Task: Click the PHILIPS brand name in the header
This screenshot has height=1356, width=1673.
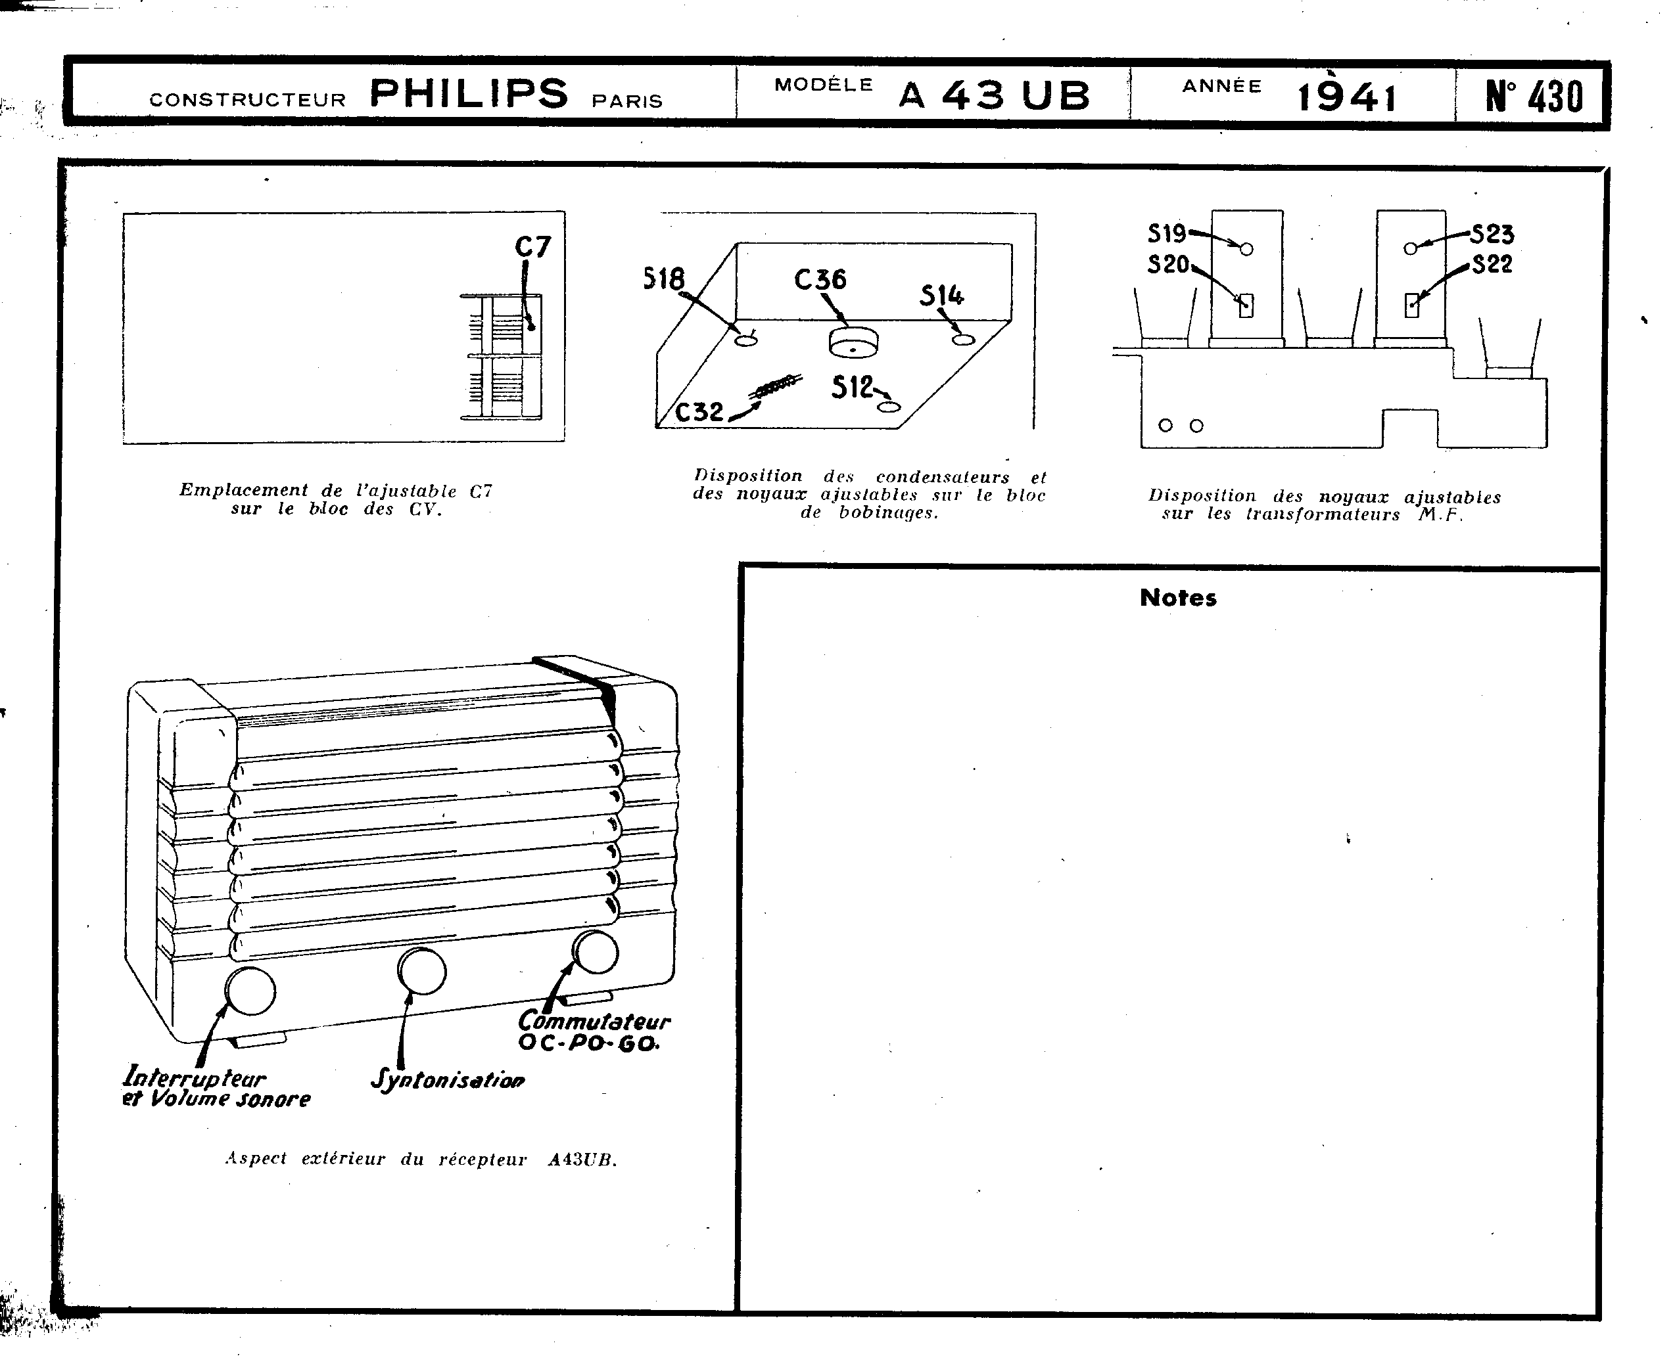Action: (468, 95)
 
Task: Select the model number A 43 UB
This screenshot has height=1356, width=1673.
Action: (994, 96)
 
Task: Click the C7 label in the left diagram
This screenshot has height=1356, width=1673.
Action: (533, 248)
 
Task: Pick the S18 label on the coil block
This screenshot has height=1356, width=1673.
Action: (663, 279)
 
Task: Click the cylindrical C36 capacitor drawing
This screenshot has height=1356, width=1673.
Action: (853, 343)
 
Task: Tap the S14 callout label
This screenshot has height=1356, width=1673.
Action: (941, 295)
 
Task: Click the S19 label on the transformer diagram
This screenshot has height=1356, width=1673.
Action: (1167, 233)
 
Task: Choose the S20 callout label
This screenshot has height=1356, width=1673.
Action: (1168, 265)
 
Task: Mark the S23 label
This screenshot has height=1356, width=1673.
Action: (1492, 233)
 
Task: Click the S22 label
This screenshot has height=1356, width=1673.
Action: (1492, 264)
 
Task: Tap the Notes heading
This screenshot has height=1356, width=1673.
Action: (1177, 599)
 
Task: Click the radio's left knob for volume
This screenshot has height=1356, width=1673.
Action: (250, 991)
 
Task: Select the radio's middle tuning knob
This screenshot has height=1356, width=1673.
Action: (422, 971)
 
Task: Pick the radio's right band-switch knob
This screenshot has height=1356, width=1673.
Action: (596, 952)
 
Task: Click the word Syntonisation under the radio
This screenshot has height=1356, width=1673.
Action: (448, 1079)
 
